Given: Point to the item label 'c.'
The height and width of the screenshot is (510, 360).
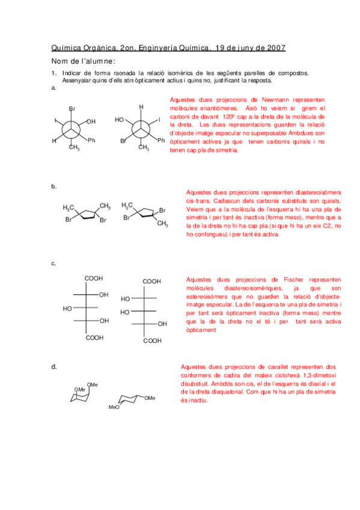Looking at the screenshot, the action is [x=54, y=263].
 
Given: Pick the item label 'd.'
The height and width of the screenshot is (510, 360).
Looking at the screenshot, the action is [x=54, y=366].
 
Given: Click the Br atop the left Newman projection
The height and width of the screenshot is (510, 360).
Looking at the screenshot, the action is [x=72, y=109].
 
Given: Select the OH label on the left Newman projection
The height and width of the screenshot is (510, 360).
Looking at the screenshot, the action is [x=91, y=121].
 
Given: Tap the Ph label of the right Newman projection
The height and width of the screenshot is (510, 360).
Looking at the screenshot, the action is [x=160, y=140].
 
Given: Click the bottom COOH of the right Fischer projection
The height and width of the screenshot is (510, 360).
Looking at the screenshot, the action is [x=151, y=340].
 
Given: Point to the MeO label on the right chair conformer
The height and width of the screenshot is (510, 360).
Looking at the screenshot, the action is [x=114, y=407].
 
